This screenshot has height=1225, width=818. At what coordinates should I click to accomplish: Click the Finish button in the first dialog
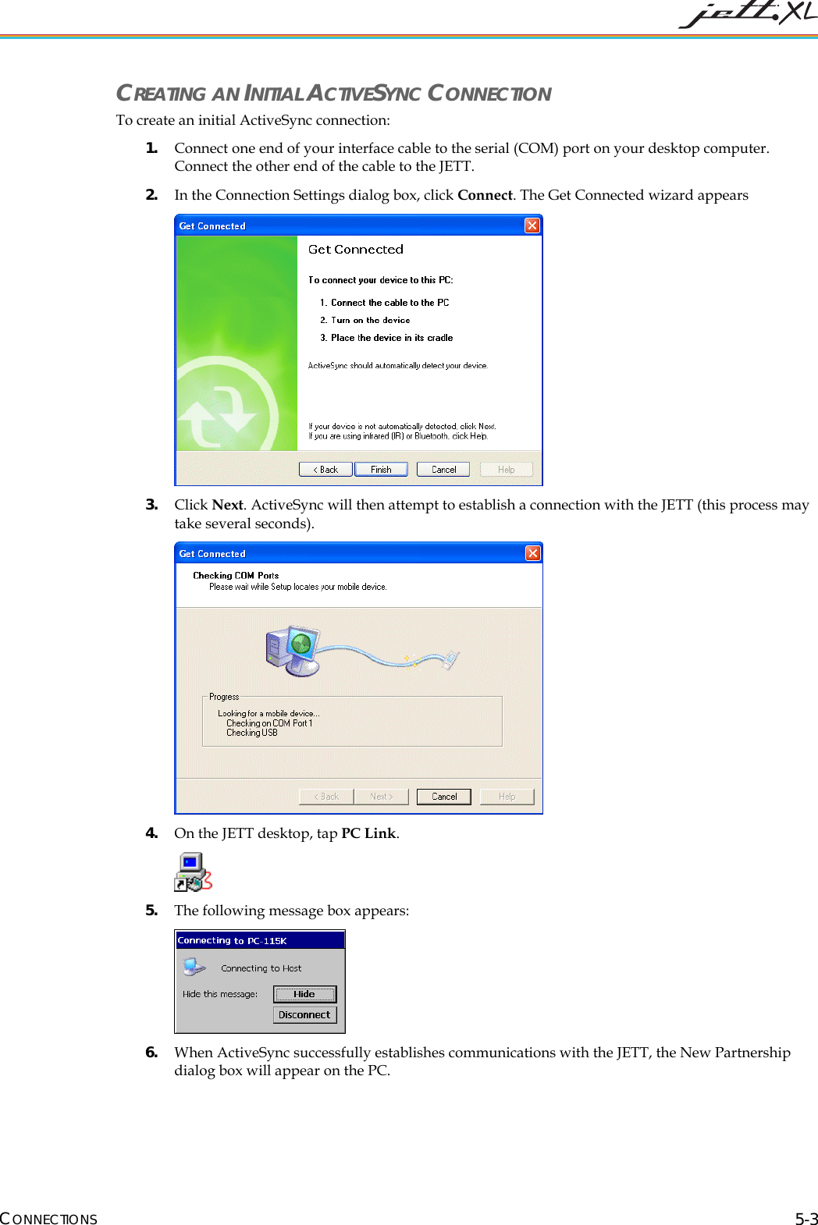coord(381,469)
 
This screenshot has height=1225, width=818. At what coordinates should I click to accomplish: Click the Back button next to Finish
coord(326,469)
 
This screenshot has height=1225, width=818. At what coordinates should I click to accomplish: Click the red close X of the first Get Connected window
coord(532,225)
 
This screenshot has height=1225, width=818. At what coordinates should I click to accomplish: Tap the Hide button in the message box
coord(304,993)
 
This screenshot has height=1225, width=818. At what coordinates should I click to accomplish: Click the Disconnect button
coord(304,1014)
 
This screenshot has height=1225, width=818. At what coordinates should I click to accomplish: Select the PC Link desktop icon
coord(193,872)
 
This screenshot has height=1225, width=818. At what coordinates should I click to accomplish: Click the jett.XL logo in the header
coord(747,14)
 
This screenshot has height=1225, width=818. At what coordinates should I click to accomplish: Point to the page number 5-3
coord(806,1219)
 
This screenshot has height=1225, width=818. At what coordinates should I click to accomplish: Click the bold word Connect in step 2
coord(485,195)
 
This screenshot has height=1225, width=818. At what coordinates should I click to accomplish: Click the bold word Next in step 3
coord(227,505)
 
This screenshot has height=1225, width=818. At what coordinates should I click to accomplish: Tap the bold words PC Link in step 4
coord(368,833)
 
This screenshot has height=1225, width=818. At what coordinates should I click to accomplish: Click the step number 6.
coord(151,1052)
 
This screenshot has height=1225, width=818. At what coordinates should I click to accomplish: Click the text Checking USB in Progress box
coord(252,733)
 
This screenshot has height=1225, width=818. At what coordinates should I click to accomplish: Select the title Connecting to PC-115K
coord(233,940)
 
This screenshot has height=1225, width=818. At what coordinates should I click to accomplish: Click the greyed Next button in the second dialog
coord(381,796)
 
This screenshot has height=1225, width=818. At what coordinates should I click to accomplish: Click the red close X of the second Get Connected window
coord(532,553)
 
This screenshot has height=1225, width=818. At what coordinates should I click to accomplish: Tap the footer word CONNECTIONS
coord(49,1219)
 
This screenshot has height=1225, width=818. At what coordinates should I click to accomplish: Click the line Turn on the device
coord(370,320)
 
